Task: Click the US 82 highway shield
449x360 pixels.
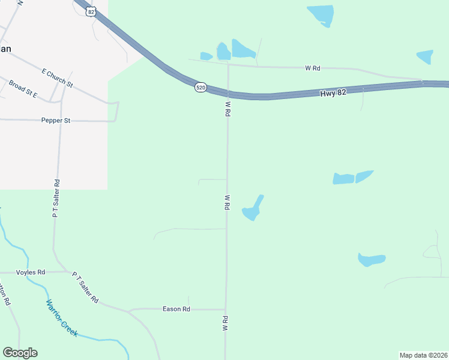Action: tap(91, 11)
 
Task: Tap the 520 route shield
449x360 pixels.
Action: tap(200, 88)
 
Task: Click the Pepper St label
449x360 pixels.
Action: tap(56, 121)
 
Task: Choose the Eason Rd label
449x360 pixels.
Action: tap(176, 309)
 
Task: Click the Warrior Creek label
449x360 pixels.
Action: tap(62, 318)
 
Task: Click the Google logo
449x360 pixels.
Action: tap(20, 353)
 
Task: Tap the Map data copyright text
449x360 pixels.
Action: tap(423, 355)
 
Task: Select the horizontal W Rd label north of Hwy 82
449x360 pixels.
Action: tap(312, 68)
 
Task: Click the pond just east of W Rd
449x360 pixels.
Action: tap(252, 209)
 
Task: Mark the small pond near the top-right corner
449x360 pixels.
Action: tap(425, 56)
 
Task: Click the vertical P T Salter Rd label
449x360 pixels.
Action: tap(56, 198)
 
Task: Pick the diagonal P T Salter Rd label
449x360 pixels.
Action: tap(85, 287)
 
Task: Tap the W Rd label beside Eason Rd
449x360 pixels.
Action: tap(225, 323)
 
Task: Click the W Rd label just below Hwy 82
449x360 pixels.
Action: tap(228, 109)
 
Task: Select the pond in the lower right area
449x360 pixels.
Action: tap(370, 260)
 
